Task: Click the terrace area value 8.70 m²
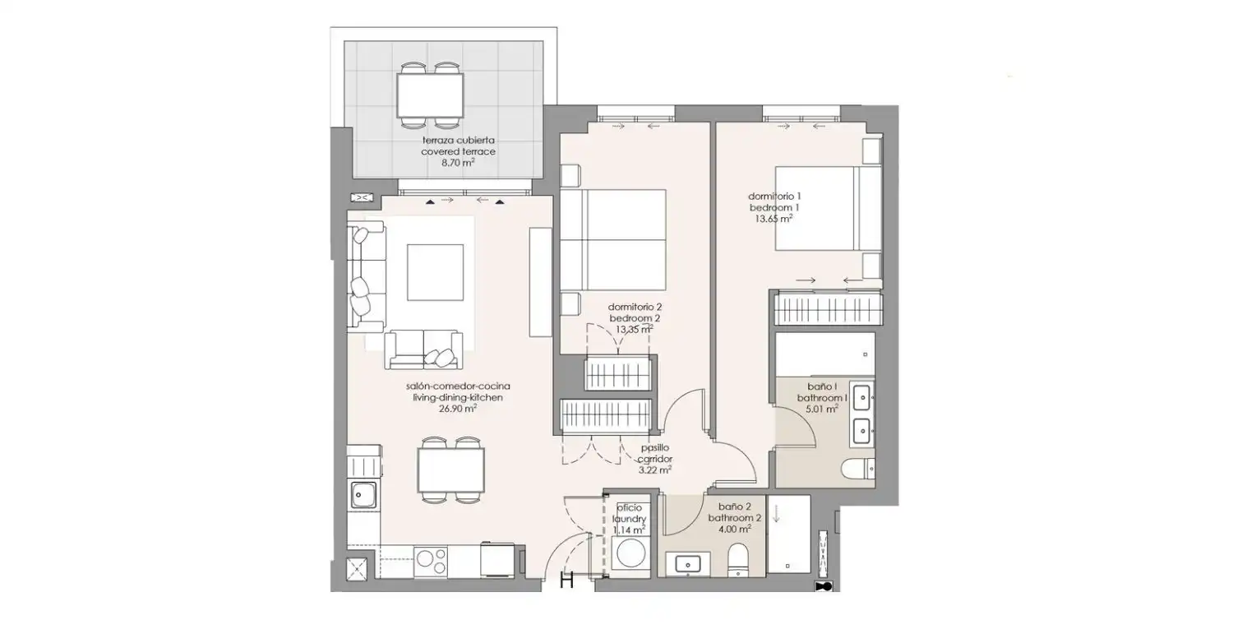pos(458,163)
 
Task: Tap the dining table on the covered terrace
pos(430,95)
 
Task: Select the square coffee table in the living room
pos(435,272)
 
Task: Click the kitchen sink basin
pos(364,495)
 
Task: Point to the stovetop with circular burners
pos(431,562)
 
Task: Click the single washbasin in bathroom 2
pos(687,565)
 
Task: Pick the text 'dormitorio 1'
pos(774,196)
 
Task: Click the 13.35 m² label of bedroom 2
pos(634,330)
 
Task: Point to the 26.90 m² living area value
pos(457,409)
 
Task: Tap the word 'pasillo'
pos(654,448)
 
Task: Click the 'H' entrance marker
pos(567,580)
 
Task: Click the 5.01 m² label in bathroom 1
pos(822,410)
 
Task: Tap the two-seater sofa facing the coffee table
pos(424,349)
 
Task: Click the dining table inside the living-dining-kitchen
pos(450,470)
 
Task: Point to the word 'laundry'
pos(629,519)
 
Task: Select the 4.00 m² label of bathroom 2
pos(735,530)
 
